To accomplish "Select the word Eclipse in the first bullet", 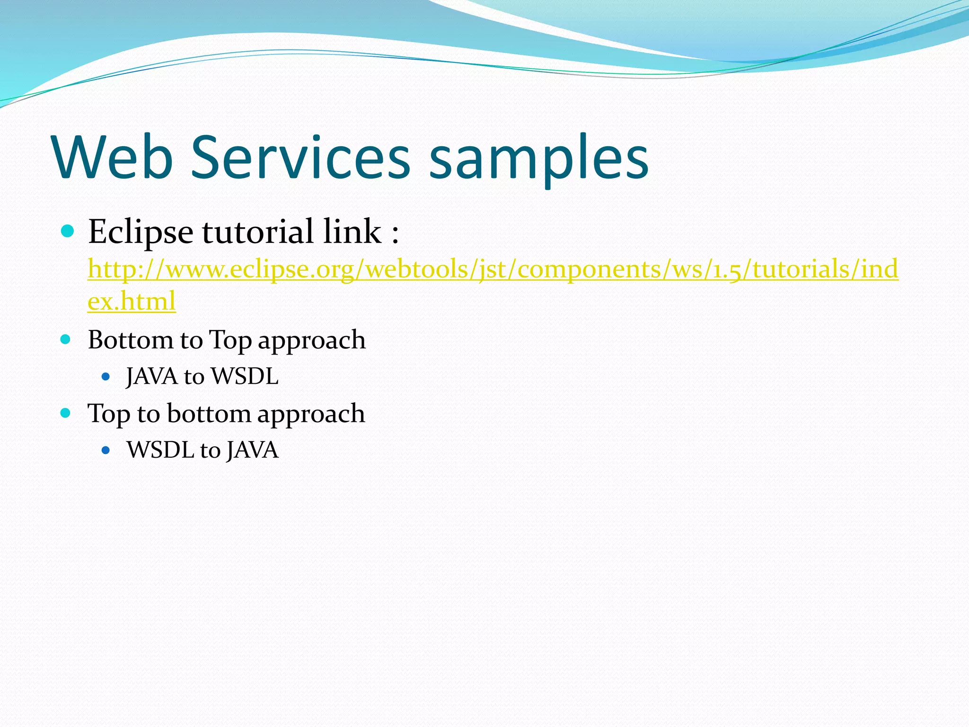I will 141,232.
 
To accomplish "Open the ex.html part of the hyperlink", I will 132,301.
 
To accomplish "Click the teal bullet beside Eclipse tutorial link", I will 68,231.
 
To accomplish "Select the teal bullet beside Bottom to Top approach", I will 66,339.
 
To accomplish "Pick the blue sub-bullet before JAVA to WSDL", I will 106,377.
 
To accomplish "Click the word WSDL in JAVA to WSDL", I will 245,377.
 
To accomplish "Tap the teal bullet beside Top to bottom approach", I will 66,413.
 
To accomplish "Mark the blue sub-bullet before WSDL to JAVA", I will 106,450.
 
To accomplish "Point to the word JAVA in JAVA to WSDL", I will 152,377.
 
